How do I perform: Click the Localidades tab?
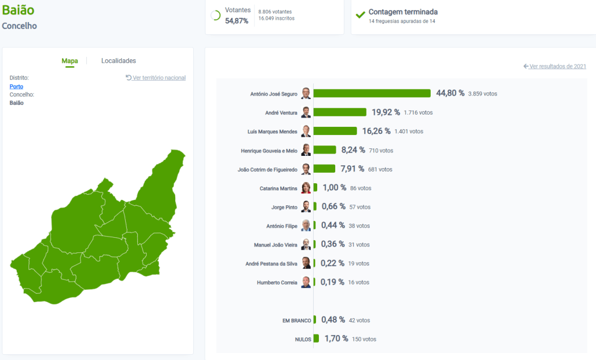pyautogui.click(x=118, y=61)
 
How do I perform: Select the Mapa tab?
pyautogui.click(x=70, y=61)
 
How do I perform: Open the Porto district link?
pyautogui.click(x=16, y=87)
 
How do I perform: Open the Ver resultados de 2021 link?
pyautogui.click(x=558, y=66)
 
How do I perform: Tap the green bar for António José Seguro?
pyautogui.click(x=372, y=94)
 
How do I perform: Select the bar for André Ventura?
pyautogui.click(x=340, y=112)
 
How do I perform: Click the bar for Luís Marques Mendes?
pyautogui.click(x=335, y=131)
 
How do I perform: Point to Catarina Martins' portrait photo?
pyautogui.click(x=306, y=188)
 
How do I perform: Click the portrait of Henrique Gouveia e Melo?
pyautogui.click(x=306, y=150)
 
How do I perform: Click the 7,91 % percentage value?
pyautogui.click(x=353, y=169)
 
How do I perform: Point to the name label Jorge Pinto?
pyautogui.click(x=284, y=207)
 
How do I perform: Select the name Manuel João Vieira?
pyautogui.click(x=275, y=245)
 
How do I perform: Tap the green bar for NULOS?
pyautogui.click(x=316, y=338)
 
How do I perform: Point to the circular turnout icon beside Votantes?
pyautogui.click(x=215, y=16)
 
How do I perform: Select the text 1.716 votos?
pyautogui.click(x=418, y=112)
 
